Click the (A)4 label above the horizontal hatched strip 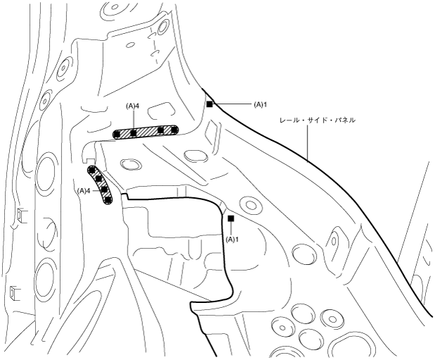[133, 106]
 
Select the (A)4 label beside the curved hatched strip [83, 190]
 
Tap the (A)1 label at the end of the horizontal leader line [260, 104]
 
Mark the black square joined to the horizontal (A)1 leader [210, 104]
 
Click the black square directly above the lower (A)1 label [231, 219]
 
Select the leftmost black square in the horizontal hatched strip [118, 133]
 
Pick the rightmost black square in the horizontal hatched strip [175, 130]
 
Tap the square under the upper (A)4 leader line [133, 132]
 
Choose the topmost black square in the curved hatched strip [92, 170]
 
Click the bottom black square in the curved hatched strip [108, 199]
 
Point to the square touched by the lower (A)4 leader [103, 189]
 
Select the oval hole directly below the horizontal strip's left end [128, 164]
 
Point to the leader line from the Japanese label [309, 141]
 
